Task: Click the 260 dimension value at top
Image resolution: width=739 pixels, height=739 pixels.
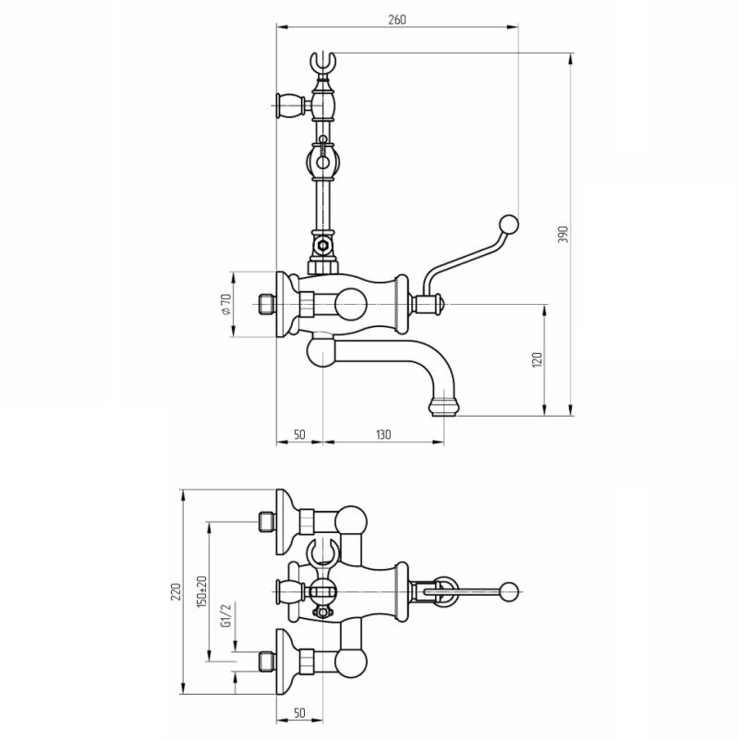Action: click(397, 19)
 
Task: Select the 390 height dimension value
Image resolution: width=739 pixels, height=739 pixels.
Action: click(563, 235)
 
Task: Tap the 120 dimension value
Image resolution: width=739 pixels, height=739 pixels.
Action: click(537, 359)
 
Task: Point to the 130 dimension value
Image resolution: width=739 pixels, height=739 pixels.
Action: click(383, 434)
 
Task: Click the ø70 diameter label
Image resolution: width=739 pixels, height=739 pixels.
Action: click(225, 304)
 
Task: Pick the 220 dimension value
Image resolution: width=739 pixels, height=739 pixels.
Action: click(176, 591)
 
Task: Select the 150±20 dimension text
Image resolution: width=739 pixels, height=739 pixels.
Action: click(202, 591)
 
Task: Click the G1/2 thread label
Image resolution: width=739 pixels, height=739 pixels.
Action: click(226, 616)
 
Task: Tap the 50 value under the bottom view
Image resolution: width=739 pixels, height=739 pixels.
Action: click(299, 713)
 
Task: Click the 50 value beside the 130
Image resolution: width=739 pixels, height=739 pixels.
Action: click(299, 434)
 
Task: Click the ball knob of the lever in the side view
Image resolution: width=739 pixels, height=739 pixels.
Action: click(509, 224)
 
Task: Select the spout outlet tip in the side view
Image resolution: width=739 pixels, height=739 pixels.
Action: click(444, 407)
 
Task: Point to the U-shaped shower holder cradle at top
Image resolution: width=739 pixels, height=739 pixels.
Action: click(322, 63)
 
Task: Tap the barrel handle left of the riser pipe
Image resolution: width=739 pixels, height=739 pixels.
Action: click(289, 105)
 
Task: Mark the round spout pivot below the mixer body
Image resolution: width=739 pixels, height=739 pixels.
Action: click(321, 352)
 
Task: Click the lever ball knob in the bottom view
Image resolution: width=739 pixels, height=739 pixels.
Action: click(509, 590)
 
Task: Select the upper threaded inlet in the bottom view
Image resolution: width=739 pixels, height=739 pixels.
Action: click(267, 522)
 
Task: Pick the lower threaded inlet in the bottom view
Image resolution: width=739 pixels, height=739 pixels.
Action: click(267, 660)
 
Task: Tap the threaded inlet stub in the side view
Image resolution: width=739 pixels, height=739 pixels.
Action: click(267, 304)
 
